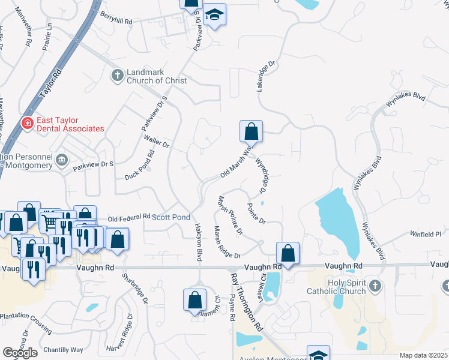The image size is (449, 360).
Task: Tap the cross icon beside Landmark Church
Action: [x=118, y=76]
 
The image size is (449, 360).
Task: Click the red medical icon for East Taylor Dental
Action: [x=27, y=124]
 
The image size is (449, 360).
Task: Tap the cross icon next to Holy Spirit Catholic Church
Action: [x=376, y=284]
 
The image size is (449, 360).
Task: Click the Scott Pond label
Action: [x=171, y=217]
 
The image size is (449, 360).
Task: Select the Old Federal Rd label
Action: [x=128, y=217]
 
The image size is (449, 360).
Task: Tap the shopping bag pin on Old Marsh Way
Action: [x=252, y=131]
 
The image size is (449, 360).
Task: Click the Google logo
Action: [x=20, y=353]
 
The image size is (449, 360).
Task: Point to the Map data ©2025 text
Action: [x=423, y=355]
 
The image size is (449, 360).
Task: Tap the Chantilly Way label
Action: [x=63, y=350]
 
